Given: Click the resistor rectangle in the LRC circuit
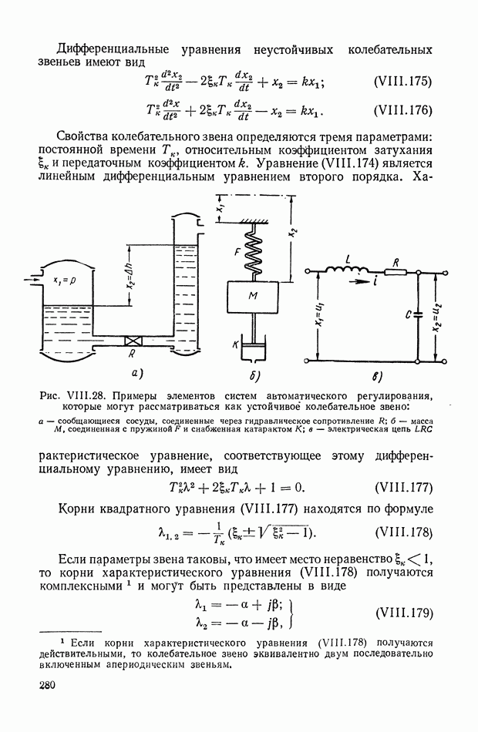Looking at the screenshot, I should (396, 271).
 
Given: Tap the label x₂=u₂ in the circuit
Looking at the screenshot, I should (439, 315).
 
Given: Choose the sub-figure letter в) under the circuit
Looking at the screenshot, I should (375, 378).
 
